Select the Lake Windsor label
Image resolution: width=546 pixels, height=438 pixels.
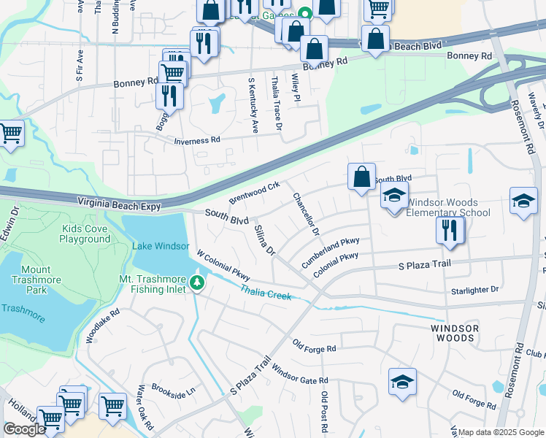pos(161,246)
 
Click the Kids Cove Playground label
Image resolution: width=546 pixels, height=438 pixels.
pos(75,234)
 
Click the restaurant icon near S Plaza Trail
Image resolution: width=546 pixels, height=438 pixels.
pos(450,230)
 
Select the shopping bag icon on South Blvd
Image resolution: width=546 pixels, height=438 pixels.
pos(361,177)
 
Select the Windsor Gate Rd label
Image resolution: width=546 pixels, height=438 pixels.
pos(300,375)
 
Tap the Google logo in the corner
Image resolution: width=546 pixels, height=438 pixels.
pos(24,429)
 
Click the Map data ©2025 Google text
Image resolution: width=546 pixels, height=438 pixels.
pos(501,432)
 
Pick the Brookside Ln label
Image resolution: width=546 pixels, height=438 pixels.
pos(174,390)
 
